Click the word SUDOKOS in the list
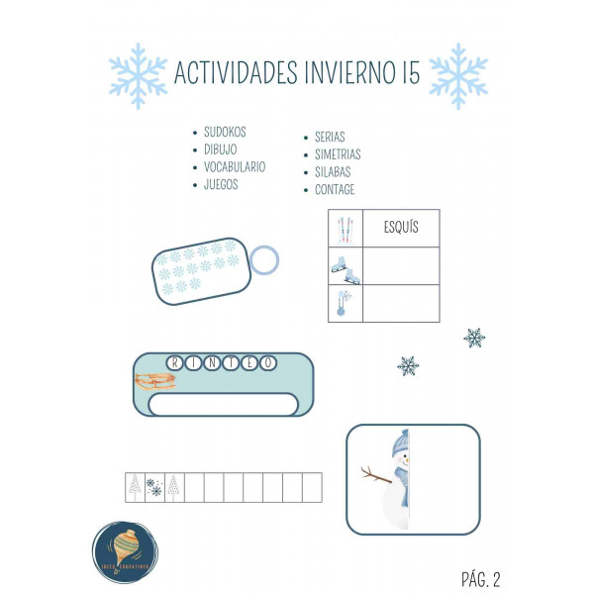pos(225,132)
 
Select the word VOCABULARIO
pos(235,166)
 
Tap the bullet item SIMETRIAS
pos(338,154)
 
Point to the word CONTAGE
pos(335,189)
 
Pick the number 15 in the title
pos(411,73)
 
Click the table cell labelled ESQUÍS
pos(401,228)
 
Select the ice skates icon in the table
pos(346,266)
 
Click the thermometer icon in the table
pos(344,303)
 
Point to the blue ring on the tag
pos(264,259)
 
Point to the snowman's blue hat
pos(400,445)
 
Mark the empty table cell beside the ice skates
pos(401,266)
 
